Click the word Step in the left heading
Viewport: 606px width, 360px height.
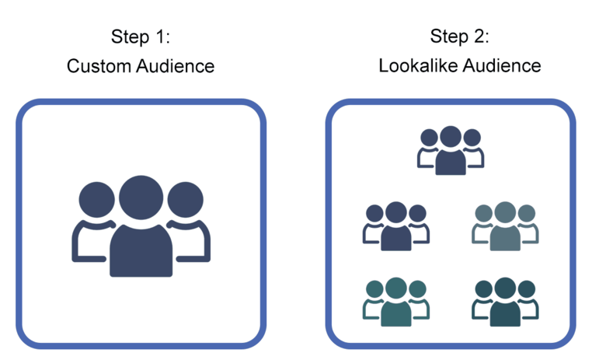[131, 37]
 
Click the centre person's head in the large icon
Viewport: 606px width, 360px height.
[141, 198]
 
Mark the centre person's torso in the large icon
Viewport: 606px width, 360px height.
[141, 249]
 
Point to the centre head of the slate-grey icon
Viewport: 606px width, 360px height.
[505, 211]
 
